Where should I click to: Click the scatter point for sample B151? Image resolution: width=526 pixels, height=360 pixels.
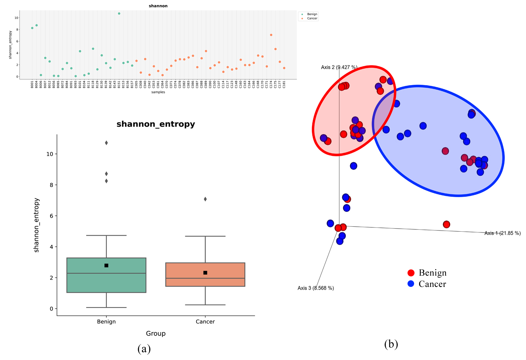119,14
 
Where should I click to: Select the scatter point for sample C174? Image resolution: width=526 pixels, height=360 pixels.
271,35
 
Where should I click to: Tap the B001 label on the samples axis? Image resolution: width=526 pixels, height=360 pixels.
32,84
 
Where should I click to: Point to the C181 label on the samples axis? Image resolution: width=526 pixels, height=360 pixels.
284,84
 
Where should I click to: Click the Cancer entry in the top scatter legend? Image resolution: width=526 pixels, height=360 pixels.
312,18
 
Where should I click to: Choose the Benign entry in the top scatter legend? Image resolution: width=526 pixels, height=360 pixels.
312,14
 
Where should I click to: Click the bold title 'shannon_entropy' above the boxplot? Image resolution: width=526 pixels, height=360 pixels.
156,124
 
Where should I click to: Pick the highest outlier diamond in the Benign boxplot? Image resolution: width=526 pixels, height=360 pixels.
106,143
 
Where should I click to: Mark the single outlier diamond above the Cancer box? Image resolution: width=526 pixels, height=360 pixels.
205,199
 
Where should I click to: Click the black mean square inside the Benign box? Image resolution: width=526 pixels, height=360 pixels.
106,266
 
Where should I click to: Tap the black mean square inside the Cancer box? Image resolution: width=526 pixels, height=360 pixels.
205,273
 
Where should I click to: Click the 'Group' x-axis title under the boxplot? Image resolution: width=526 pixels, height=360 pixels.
156,334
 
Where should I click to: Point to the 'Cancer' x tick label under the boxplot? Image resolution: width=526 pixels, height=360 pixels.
205,322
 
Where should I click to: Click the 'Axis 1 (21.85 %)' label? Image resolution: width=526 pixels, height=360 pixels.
502,233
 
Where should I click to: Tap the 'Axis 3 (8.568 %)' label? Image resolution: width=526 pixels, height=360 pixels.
315,288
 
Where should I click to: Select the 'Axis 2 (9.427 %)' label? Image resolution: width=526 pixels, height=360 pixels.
339,67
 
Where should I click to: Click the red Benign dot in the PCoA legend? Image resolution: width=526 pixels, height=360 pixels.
411,273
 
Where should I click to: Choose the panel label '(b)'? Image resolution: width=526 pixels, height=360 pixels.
391,344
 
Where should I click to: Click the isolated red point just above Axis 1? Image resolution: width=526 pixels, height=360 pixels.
446,224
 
